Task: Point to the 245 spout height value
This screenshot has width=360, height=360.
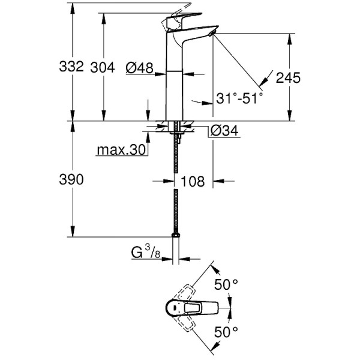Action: pos(288,79)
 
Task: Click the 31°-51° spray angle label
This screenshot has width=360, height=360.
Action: pos(240,98)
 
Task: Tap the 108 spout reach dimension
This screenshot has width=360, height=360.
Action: pos(193,181)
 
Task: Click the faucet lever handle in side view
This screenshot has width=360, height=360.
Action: pos(178,18)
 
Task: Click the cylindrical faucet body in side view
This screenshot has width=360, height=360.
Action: pos(175,90)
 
